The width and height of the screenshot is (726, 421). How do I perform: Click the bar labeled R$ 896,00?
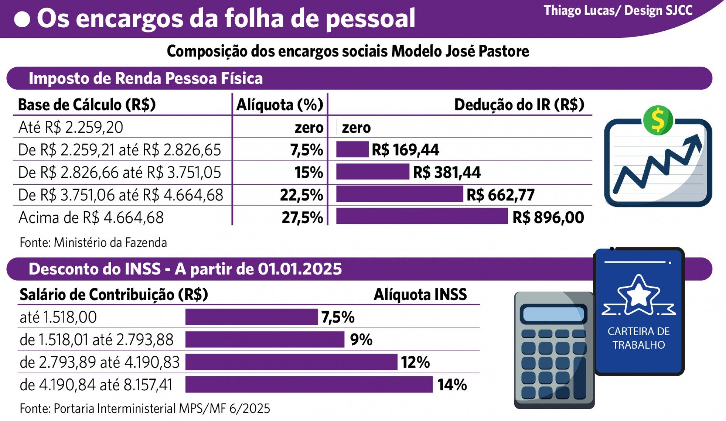(x=422, y=216)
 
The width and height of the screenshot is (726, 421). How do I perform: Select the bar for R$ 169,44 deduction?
(x=352, y=149)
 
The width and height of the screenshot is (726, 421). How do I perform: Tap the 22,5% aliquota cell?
(x=301, y=195)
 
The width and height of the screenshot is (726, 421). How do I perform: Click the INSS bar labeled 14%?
(x=309, y=385)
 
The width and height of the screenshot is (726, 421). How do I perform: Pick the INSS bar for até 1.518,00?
(x=251, y=317)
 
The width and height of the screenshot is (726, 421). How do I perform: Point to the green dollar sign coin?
(x=658, y=120)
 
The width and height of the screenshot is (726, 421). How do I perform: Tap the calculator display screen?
(x=553, y=314)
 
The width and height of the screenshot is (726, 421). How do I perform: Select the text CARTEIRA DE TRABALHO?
(x=639, y=338)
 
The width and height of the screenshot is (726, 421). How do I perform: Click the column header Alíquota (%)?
(x=279, y=105)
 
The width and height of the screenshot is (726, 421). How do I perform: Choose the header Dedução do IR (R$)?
(x=519, y=105)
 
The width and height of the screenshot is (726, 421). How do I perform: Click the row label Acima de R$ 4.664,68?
(x=91, y=218)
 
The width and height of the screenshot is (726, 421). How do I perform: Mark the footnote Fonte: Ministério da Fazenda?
(x=93, y=242)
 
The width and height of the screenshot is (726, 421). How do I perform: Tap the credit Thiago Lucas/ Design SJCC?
(x=618, y=11)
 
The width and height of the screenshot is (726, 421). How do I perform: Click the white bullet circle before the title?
(x=22, y=19)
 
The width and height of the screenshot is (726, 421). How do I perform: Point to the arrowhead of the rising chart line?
(x=695, y=141)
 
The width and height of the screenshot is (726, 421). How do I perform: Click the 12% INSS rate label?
(x=415, y=362)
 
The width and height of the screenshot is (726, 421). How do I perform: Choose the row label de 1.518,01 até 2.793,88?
(x=96, y=340)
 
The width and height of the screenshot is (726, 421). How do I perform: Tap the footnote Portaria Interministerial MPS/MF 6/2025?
(x=145, y=409)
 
